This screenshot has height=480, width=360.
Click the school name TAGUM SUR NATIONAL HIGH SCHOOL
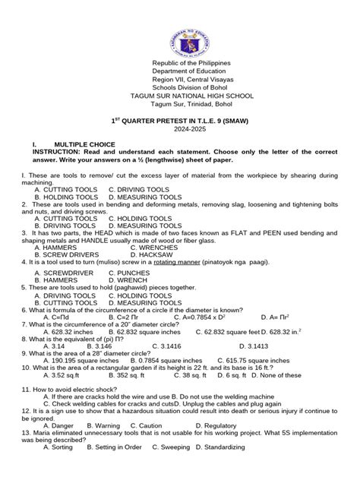click(180, 96)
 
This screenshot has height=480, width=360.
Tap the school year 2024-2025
click(179, 130)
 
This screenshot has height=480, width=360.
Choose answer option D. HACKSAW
click(156, 256)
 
